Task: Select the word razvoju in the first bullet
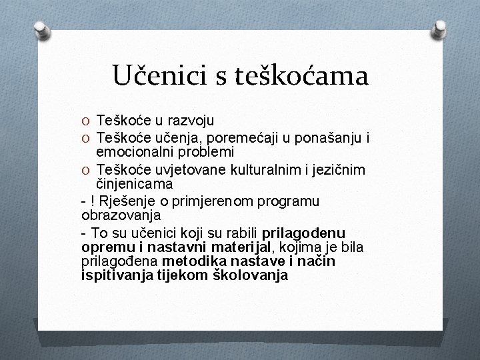[x=191, y=121]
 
